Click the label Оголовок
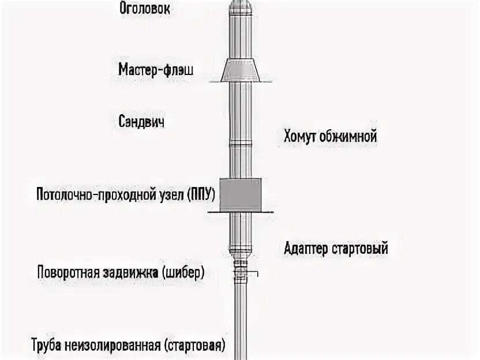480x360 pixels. pos(145,9)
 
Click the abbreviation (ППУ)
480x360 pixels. pos(200,194)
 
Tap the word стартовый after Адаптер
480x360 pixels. pos(360,249)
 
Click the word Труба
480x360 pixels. pos(47,346)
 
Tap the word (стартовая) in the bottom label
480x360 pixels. pos(194,346)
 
